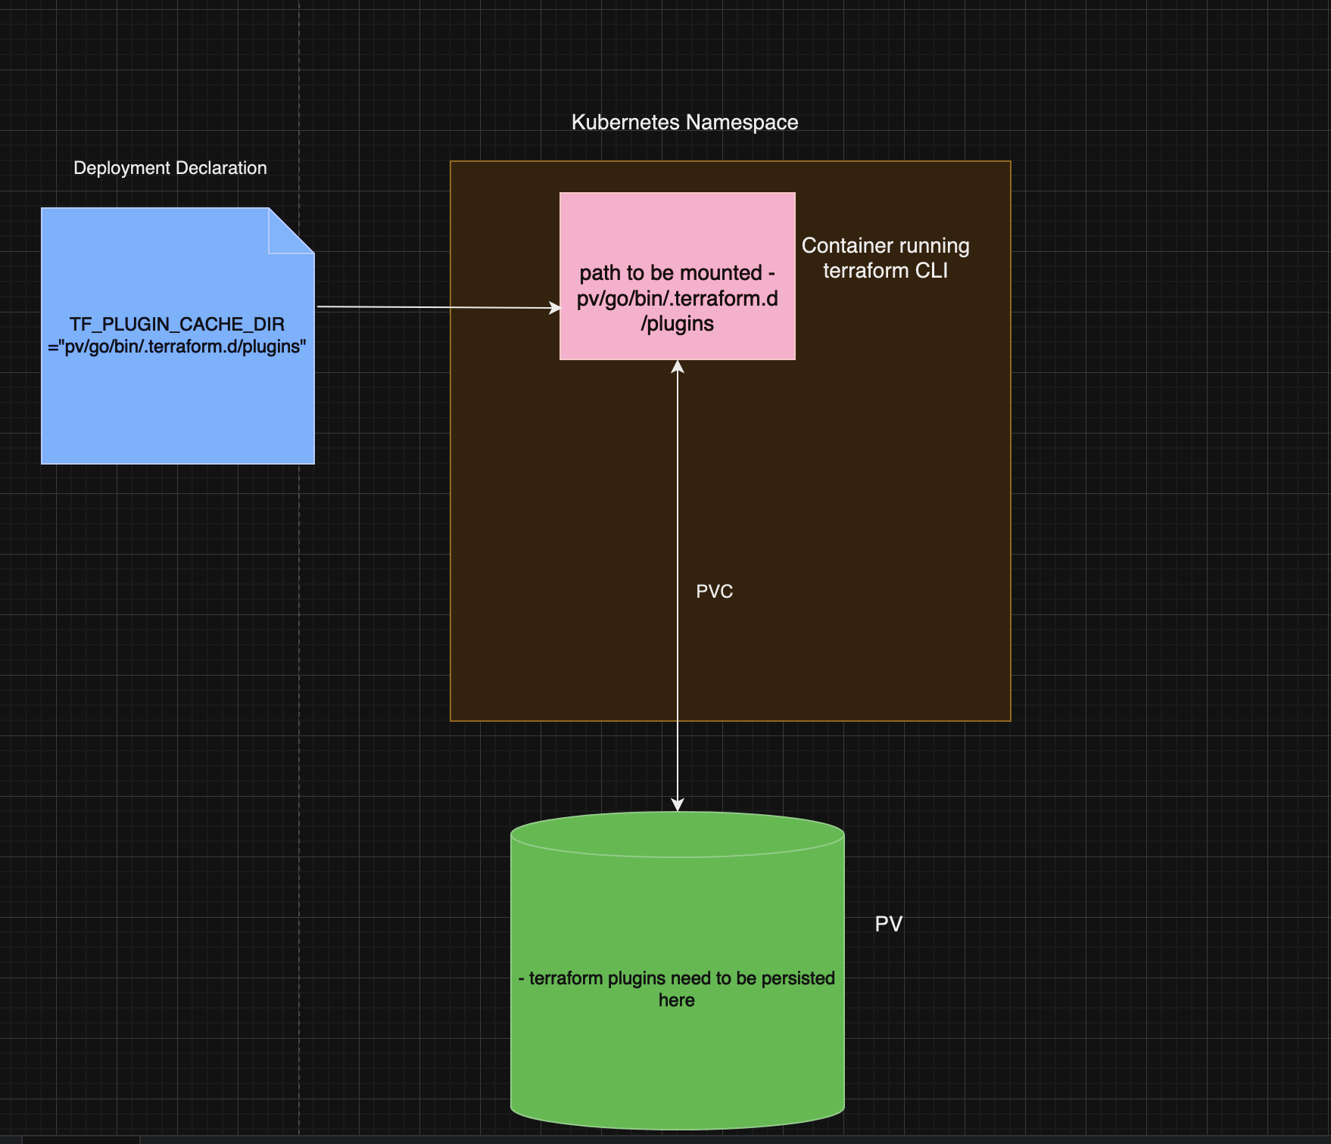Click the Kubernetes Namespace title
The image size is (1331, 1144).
684,123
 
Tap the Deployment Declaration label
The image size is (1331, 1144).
170,168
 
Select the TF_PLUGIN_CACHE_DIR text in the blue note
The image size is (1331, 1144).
177,325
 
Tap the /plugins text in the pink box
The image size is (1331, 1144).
677,324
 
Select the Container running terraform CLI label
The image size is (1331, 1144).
885,258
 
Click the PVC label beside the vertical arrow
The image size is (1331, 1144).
714,592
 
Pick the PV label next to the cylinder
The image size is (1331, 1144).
888,924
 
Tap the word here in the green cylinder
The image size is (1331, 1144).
676,1001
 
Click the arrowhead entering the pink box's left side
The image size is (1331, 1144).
556,308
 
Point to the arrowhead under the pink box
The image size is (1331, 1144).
678,367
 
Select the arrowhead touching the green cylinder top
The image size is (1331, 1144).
678,804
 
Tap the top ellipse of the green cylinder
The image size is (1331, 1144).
677,835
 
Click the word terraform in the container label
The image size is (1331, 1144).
859,271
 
